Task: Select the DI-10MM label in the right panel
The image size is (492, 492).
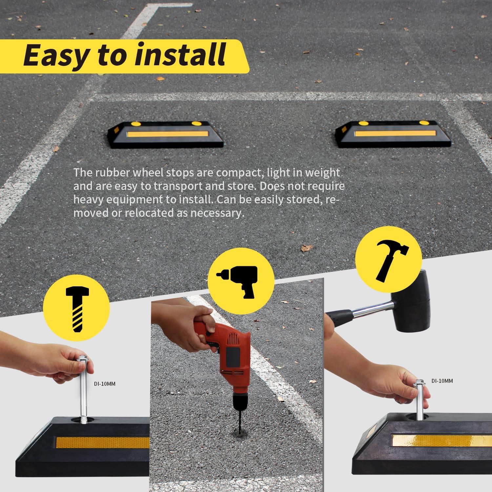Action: click(x=442, y=381)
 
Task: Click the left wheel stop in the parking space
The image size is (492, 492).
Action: click(x=166, y=134)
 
